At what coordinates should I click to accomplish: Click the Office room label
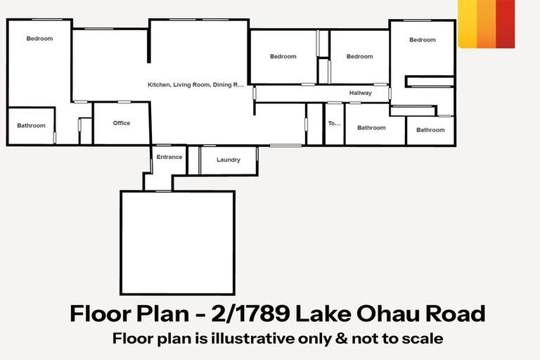(x=122, y=123)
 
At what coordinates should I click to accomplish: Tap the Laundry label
(x=229, y=160)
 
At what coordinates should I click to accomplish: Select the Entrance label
(x=169, y=157)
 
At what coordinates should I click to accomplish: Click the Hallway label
(x=360, y=93)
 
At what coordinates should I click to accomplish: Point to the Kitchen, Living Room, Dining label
(x=195, y=84)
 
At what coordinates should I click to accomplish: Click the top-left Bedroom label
(x=39, y=39)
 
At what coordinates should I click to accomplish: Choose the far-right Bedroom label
(x=423, y=40)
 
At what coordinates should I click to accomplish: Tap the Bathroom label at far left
(x=31, y=126)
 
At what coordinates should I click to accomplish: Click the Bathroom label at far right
(x=430, y=129)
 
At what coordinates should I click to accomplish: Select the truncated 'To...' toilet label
(x=334, y=124)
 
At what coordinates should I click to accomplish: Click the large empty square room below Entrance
(x=177, y=242)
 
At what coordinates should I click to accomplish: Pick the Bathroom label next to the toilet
(x=371, y=127)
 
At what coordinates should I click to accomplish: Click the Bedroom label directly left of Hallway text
(x=359, y=56)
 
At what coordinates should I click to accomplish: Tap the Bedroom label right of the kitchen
(x=283, y=56)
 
